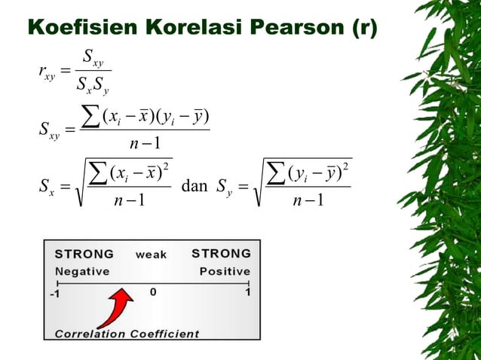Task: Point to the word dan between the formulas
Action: tap(195, 186)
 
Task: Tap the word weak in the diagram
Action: tap(151, 255)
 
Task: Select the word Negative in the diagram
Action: tap(82, 271)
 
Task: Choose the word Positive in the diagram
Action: tap(224, 271)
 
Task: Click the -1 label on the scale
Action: tap(54, 294)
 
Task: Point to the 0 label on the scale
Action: tap(153, 292)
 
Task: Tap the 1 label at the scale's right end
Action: tap(247, 292)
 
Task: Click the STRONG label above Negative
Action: tap(84, 254)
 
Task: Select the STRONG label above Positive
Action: tap(222, 253)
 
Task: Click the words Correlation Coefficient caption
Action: tap(127, 333)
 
